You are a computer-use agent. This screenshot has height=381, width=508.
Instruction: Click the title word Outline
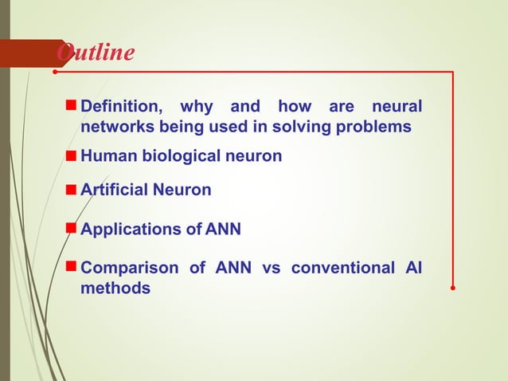[x=96, y=53]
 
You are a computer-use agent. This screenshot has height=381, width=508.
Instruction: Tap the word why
[x=195, y=107]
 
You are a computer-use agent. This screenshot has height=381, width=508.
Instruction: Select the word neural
[x=396, y=107]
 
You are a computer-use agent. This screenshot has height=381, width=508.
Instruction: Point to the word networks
[x=116, y=128]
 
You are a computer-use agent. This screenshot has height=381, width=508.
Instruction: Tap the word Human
[x=109, y=156]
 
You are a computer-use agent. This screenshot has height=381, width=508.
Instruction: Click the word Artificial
[x=114, y=190]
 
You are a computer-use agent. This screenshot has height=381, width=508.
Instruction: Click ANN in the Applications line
[x=223, y=230]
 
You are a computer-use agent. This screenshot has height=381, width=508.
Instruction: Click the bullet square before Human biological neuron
[x=72, y=155]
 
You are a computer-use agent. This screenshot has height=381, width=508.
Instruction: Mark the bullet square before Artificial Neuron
[x=72, y=189]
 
